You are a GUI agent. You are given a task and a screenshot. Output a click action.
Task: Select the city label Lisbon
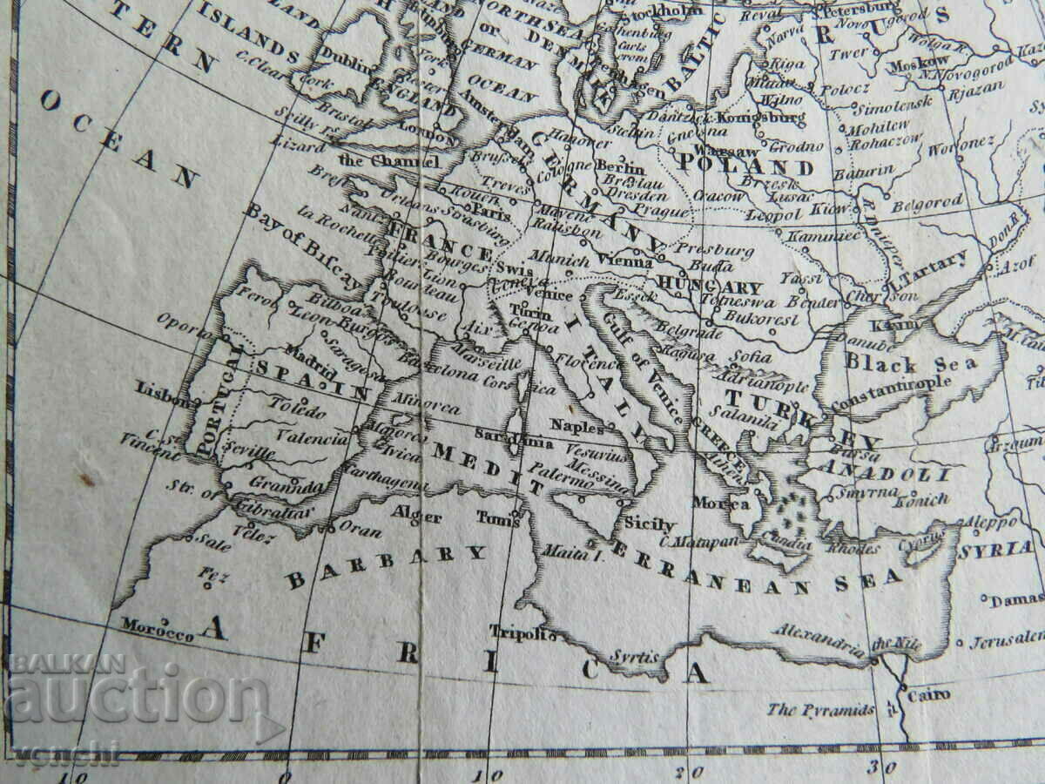tap(164, 390)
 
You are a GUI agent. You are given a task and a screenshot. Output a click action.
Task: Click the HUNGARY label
tap(711, 287)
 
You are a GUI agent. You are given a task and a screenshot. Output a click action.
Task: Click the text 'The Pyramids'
tap(820, 710)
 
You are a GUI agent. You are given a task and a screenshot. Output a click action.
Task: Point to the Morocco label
tap(158, 629)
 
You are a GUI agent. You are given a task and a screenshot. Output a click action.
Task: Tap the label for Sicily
tap(650, 524)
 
